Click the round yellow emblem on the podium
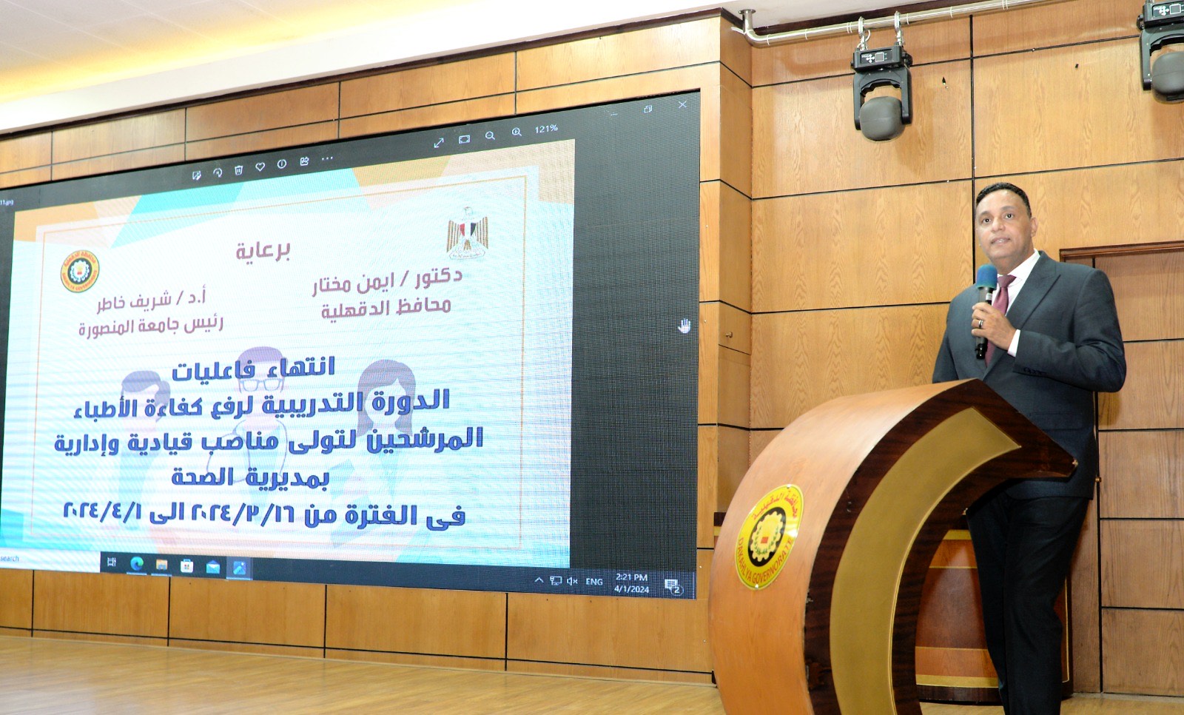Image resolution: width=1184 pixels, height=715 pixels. point(768,537)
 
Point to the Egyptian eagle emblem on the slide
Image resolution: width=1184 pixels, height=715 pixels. point(467,232)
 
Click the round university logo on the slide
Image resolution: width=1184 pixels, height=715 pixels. point(80,272)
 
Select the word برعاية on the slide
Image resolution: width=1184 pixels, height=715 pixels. point(263,250)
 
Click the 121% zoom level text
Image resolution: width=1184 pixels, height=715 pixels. point(546,129)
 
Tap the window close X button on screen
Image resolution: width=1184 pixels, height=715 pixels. point(682,105)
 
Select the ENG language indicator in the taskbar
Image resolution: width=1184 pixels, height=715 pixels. point(593,582)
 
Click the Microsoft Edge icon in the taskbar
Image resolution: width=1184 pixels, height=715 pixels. point(136,565)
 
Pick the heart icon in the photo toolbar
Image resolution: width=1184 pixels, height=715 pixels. point(260,167)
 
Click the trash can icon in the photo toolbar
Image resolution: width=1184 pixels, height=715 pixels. point(238,170)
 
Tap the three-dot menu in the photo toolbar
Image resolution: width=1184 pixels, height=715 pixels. point(327,158)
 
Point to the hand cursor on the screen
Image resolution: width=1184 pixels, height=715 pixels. point(684,326)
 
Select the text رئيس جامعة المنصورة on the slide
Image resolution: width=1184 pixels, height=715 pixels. point(150,326)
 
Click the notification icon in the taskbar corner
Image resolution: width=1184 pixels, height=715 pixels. point(672,586)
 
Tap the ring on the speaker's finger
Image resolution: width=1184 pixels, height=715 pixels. point(982,323)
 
